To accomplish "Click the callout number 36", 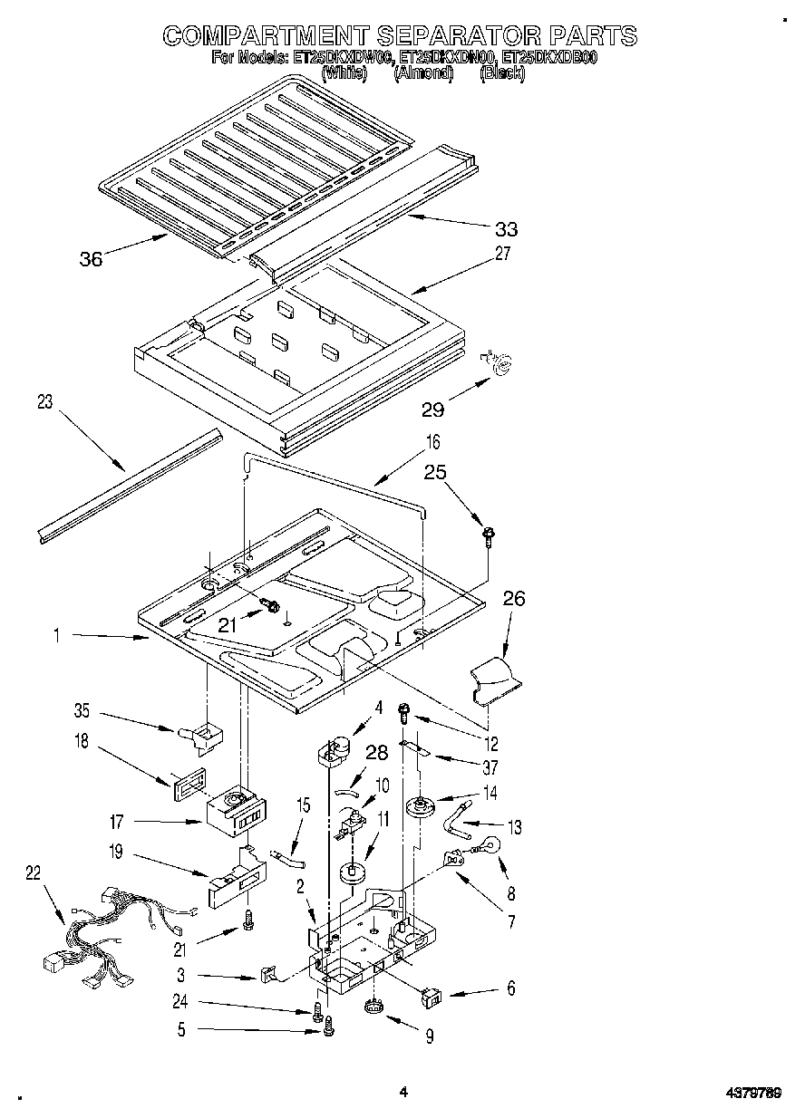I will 91,258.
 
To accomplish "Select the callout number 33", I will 507,229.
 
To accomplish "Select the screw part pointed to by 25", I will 488,537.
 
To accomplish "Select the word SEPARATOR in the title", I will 457,35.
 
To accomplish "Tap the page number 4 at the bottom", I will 402,1093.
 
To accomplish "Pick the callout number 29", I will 433,410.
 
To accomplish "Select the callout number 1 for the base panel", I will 56,637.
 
